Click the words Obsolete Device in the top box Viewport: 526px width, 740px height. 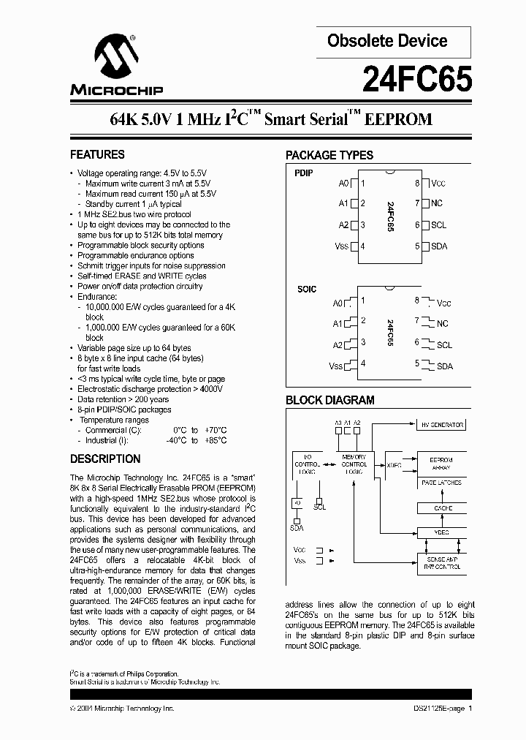click(x=387, y=41)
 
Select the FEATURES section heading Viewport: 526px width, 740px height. click(x=97, y=155)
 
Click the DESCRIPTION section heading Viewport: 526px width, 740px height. click(x=105, y=459)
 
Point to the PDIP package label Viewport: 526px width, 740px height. click(x=303, y=173)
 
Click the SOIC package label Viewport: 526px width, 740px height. click(x=307, y=290)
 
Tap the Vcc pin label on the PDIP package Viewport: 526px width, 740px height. click(x=438, y=184)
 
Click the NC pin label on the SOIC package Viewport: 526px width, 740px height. click(x=443, y=323)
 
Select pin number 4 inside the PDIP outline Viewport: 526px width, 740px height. click(x=363, y=246)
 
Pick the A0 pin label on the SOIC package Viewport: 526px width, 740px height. click(x=337, y=303)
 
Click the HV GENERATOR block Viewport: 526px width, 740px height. click(x=443, y=425)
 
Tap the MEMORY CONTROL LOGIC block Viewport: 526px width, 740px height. click(x=354, y=464)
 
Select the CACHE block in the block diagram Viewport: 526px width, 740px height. click(x=443, y=507)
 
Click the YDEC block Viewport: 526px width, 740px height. click(x=443, y=533)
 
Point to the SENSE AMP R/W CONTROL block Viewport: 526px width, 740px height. click(x=443, y=562)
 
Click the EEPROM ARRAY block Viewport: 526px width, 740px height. click(x=443, y=464)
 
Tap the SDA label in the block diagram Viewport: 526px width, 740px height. click(x=297, y=528)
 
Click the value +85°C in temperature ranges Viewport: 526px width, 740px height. click(x=216, y=440)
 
